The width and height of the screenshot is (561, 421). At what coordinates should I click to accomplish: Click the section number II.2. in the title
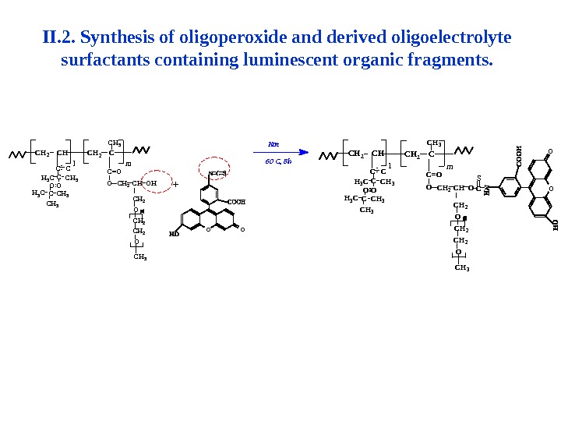coord(58,38)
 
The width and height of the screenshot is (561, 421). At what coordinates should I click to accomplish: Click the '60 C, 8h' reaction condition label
coord(277,161)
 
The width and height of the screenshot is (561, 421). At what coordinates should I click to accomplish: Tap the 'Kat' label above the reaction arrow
coord(273,144)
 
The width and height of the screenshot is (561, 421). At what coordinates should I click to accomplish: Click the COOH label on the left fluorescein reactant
coord(236,202)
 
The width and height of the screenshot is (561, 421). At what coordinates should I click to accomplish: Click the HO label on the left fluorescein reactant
coord(174,234)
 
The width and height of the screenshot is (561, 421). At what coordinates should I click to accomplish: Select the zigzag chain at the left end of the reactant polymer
coord(19,154)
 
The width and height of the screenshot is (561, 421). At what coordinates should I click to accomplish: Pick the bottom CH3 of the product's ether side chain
coord(461,268)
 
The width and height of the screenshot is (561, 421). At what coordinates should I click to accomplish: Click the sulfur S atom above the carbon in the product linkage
coord(478,178)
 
